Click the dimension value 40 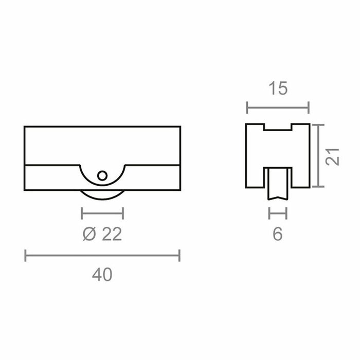(x=102, y=275)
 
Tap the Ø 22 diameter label (x=102, y=235)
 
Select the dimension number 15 (x=278, y=89)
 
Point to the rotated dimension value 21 (x=335, y=155)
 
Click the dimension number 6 (x=278, y=235)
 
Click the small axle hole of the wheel (x=102, y=175)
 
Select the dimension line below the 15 (x=278, y=108)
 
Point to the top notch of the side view (x=278, y=127)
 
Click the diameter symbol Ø (x=88, y=235)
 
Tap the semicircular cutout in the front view (x=102, y=177)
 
